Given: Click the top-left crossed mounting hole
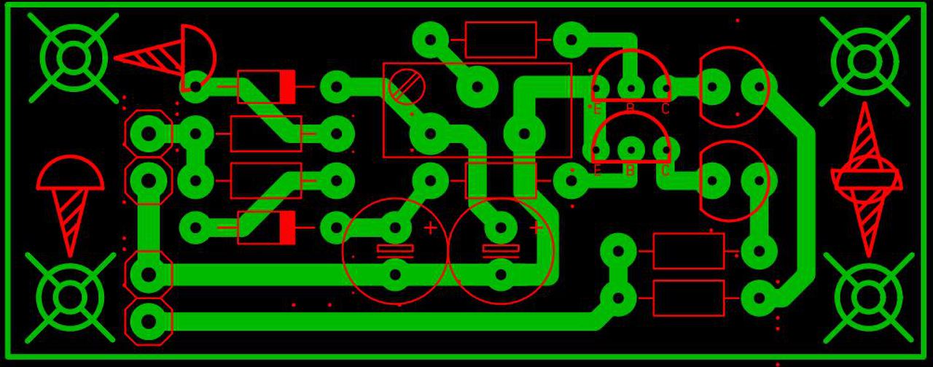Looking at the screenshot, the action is click(x=74, y=58).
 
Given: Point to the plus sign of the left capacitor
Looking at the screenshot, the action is click(x=431, y=228).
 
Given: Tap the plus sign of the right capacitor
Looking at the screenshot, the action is click(x=536, y=228).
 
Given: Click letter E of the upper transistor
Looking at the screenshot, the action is click(x=597, y=109).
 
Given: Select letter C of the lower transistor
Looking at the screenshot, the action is click(x=665, y=171).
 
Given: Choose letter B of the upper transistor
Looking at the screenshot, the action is click(x=631, y=109).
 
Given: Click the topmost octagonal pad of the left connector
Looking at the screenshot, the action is click(x=149, y=134).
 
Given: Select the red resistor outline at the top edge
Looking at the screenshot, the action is click(x=501, y=40).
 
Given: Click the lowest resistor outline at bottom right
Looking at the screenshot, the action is click(x=688, y=298).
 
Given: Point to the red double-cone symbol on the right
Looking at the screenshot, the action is click(x=866, y=179).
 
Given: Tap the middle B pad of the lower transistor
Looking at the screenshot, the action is click(x=631, y=150).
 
